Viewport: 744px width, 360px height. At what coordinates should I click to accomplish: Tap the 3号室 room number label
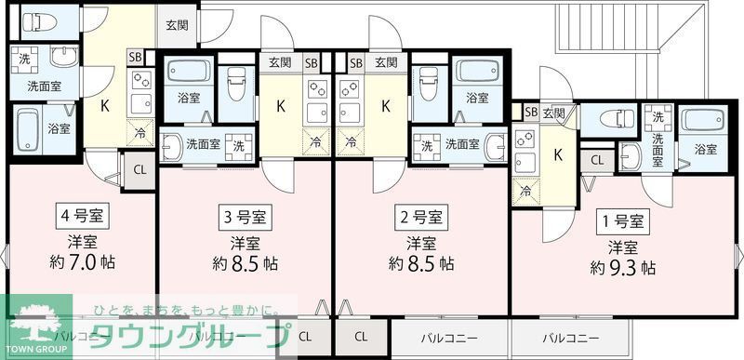[245, 220]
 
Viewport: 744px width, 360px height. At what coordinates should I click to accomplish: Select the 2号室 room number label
[421, 220]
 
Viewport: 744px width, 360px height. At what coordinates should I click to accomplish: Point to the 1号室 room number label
[622, 222]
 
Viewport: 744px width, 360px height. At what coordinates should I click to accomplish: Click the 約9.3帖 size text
[622, 268]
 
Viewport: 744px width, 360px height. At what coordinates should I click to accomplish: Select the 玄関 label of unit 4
[177, 25]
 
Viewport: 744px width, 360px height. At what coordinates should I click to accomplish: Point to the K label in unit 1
[558, 153]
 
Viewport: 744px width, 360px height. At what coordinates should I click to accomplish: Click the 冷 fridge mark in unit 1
[526, 193]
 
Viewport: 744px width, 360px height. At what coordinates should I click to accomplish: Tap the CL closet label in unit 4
[139, 169]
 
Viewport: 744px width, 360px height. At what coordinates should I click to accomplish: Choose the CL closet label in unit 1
[596, 160]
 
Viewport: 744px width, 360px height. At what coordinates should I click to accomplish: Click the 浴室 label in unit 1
[706, 149]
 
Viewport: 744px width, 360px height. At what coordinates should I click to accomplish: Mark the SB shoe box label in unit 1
[530, 113]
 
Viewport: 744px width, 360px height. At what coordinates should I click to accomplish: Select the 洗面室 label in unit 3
[203, 144]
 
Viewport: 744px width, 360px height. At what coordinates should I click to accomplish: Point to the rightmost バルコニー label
[571, 336]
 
